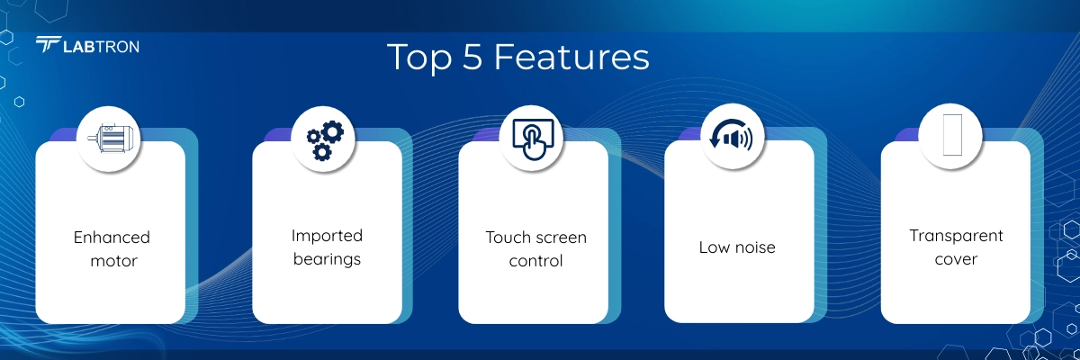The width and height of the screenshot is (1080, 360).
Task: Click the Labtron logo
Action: point(87,45)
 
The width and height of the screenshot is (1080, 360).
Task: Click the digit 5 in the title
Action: point(472,57)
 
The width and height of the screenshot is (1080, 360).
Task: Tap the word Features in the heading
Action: point(571,57)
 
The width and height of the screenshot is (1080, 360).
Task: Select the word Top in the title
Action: point(419,58)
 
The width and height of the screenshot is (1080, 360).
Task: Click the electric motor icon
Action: point(108,139)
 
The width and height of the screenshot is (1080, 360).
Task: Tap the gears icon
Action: point(325,140)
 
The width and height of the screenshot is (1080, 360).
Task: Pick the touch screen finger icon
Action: point(533,139)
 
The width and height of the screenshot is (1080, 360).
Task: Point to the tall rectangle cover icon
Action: point(952,135)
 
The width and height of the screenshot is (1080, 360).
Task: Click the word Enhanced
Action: point(112,237)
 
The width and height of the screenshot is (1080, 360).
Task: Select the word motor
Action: point(113,261)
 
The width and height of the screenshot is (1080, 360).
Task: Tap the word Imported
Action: point(327,236)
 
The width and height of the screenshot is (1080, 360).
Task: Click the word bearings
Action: point(327,259)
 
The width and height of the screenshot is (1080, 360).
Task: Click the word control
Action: point(535,261)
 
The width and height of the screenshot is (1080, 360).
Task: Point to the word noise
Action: point(755,247)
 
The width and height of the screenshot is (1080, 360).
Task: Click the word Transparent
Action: point(956,236)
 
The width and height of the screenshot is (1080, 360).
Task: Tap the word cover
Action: point(956,259)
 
